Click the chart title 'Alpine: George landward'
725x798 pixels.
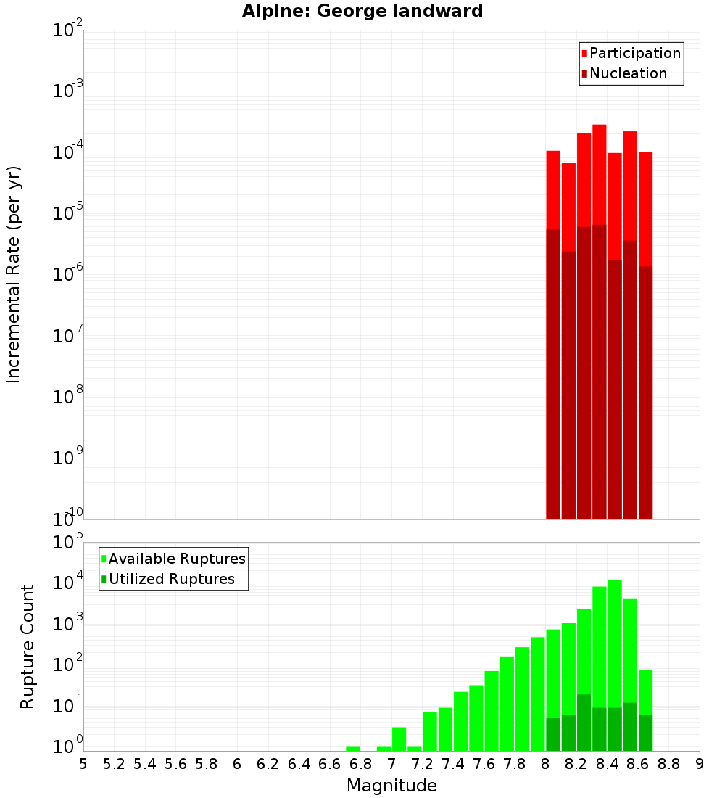(362, 11)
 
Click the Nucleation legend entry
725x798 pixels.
(627, 73)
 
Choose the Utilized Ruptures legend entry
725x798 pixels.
(171, 579)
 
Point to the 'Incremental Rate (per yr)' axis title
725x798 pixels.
(14, 274)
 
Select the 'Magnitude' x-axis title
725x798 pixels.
(391, 786)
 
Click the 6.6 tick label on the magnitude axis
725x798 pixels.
(329, 764)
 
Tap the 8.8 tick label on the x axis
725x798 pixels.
(668, 764)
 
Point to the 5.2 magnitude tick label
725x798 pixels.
(114, 764)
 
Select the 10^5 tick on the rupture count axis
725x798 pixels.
(67, 542)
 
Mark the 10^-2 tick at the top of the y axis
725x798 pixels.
(67, 30)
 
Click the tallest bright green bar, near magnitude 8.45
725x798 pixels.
(615, 653)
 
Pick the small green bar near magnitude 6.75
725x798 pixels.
(353, 749)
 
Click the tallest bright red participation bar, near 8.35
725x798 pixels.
(600, 174)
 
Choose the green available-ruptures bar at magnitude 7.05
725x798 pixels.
(399, 739)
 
